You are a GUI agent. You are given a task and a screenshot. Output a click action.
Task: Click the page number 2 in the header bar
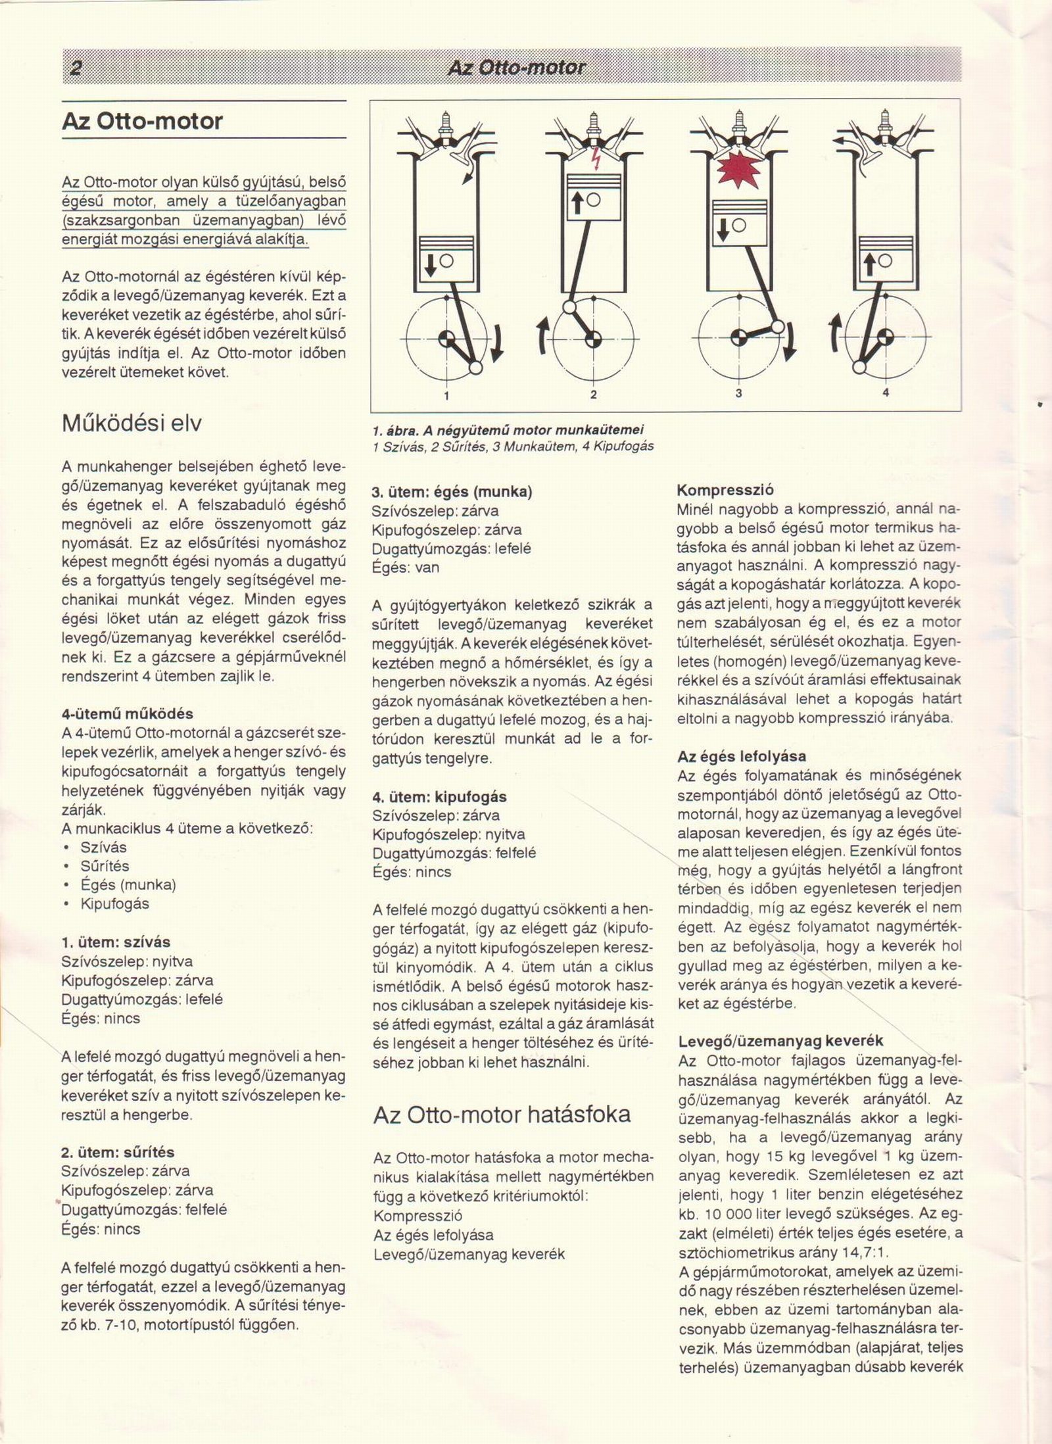click(x=75, y=68)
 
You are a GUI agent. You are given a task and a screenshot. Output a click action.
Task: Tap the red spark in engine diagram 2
click(x=595, y=158)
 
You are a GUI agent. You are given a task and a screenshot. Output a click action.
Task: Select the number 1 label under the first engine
click(x=446, y=395)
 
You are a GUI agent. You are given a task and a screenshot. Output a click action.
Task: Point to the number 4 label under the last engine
click(x=886, y=393)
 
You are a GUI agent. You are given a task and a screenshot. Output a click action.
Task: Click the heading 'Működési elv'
click(x=131, y=423)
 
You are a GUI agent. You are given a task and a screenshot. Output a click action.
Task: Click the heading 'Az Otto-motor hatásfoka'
click(x=502, y=1114)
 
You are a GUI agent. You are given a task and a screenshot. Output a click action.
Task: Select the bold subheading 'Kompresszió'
click(x=716, y=490)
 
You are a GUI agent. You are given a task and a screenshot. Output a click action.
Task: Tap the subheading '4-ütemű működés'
click(x=127, y=713)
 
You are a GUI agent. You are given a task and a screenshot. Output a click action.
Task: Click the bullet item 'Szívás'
click(x=103, y=847)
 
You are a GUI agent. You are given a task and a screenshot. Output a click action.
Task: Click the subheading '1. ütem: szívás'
click(x=115, y=942)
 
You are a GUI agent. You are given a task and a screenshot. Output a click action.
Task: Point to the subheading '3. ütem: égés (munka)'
click(x=452, y=491)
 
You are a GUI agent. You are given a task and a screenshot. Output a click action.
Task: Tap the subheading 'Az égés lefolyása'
click(x=742, y=756)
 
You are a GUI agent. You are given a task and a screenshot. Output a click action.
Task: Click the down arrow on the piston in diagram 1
click(x=430, y=264)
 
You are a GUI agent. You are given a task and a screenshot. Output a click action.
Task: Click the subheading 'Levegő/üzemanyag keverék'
click(x=780, y=1041)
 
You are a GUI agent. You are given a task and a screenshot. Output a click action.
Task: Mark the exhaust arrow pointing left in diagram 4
click(x=842, y=141)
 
